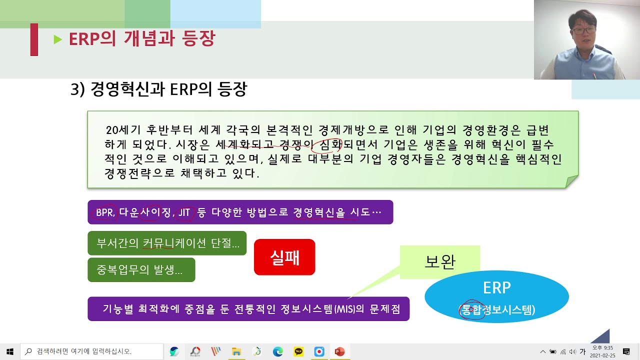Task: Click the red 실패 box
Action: coord(284,257)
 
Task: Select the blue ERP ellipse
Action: coord(496,296)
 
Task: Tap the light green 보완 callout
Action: coord(440,261)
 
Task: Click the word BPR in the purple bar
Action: coord(104,212)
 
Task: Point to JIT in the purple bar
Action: coord(184,212)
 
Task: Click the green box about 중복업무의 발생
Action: coord(141,270)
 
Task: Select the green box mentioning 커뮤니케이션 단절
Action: coord(167,243)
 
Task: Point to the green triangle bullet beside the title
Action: coord(58,39)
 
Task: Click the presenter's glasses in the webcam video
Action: coord(583,30)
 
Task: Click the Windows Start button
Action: coord(10,351)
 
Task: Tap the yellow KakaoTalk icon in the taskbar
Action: coord(298,351)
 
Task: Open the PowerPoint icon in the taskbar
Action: coord(339,351)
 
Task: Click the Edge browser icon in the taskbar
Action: coord(277,351)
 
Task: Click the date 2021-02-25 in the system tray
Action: coord(602,355)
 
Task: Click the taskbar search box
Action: coord(92,351)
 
